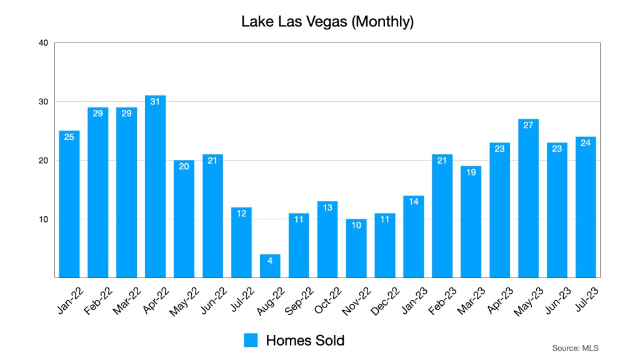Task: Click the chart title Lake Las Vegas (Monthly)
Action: click(x=327, y=22)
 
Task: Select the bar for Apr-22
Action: click(x=155, y=187)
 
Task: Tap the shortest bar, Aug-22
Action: click(x=270, y=266)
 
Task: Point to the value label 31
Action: click(x=155, y=101)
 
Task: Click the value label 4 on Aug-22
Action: click(x=270, y=260)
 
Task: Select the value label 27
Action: click(x=528, y=125)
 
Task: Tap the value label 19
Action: click(x=471, y=172)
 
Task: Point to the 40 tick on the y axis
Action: click(x=43, y=42)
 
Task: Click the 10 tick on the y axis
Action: click(x=43, y=219)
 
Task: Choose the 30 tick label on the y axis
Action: click(x=43, y=101)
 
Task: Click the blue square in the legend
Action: click(x=251, y=340)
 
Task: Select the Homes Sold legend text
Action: click(x=305, y=340)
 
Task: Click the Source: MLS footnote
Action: click(x=575, y=347)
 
